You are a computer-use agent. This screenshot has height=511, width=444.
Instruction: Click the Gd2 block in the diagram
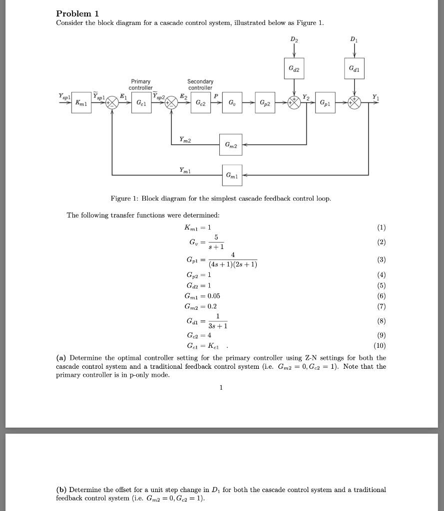click(x=293, y=68)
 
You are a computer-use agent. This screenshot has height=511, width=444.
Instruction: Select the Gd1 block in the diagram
click(x=354, y=68)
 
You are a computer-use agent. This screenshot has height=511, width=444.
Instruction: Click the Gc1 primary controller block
click(x=141, y=103)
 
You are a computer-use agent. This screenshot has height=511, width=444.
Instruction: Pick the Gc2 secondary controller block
click(x=200, y=103)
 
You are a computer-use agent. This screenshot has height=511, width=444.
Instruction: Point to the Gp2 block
click(x=265, y=103)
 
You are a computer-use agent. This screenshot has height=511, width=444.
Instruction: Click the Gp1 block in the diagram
click(x=325, y=103)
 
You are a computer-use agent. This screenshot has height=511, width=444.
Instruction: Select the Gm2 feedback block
click(x=231, y=145)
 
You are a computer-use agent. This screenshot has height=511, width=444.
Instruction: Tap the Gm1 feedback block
click(x=231, y=175)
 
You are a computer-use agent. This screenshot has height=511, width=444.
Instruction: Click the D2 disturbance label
click(x=293, y=39)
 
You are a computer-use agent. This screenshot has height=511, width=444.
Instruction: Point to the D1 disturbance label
click(x=354, y=39)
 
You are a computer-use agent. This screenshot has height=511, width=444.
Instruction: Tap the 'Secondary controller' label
click(x=200, y=84)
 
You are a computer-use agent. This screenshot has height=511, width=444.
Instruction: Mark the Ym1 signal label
click(x=186, y=170)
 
